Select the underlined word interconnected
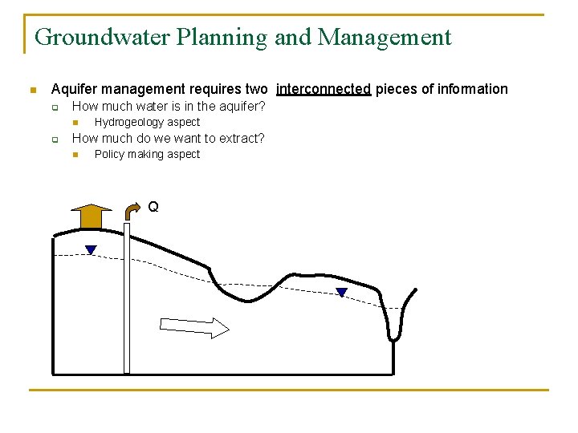coord(324,89)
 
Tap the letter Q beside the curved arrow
coord(153,207)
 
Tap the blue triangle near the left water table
coord(91,250)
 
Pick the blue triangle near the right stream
coord(341,293)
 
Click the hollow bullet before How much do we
coord(55,139)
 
